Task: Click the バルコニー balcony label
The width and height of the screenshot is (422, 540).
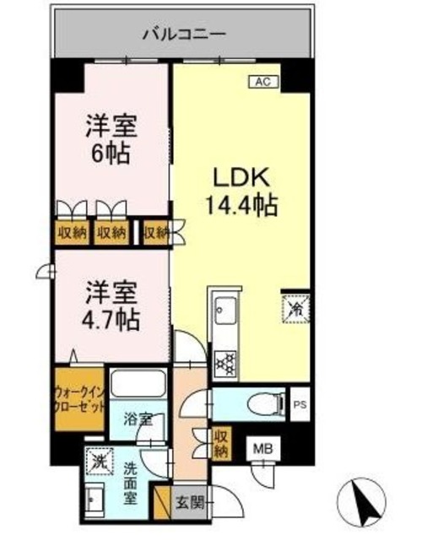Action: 182,35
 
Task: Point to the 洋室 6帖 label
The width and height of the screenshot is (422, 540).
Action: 111,141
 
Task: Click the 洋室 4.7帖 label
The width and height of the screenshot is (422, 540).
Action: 111,309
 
